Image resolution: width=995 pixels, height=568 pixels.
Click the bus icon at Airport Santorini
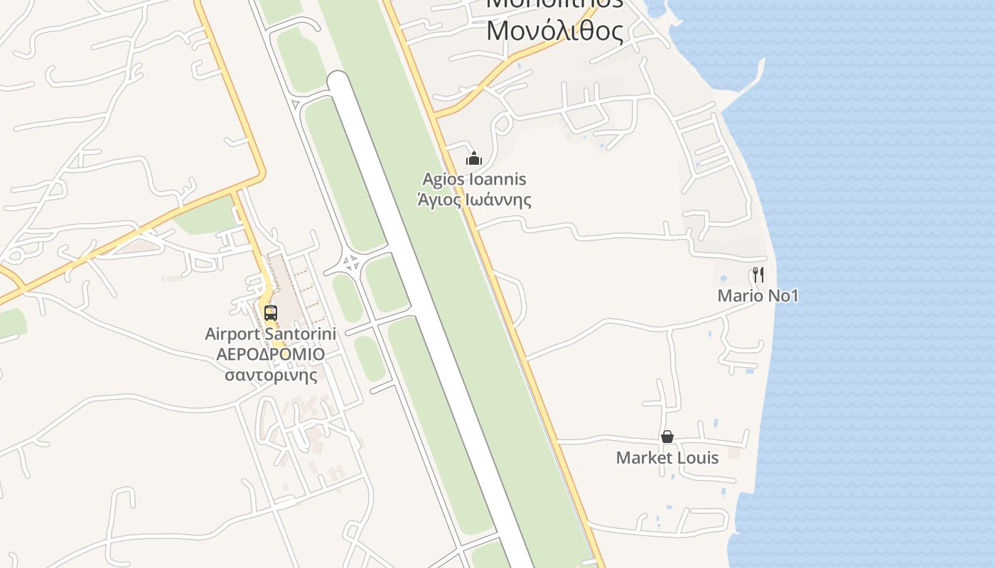[x=270, y=312]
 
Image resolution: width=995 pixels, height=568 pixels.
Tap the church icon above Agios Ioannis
[x=474, y=158]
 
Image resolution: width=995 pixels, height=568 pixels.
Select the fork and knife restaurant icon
[x=758, y=275]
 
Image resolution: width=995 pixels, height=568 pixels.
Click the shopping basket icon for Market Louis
[x=667, y=437]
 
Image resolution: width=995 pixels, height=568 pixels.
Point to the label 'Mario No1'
[x=758, y=296]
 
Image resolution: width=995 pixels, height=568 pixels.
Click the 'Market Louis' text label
[x=667, y=458]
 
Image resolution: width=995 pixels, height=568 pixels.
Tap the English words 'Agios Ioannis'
[x=474, y=179]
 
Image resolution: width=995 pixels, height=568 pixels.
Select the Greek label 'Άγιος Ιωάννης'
[x=474, y=200]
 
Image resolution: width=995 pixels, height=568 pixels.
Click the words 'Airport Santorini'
[x=270, y=334]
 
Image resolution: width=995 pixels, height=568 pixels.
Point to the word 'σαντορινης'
[x=271, y=374]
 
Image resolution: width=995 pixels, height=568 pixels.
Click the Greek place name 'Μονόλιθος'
[x=555, y=31]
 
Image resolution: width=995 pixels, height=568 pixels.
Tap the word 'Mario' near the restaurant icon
[x=738, y=296]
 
